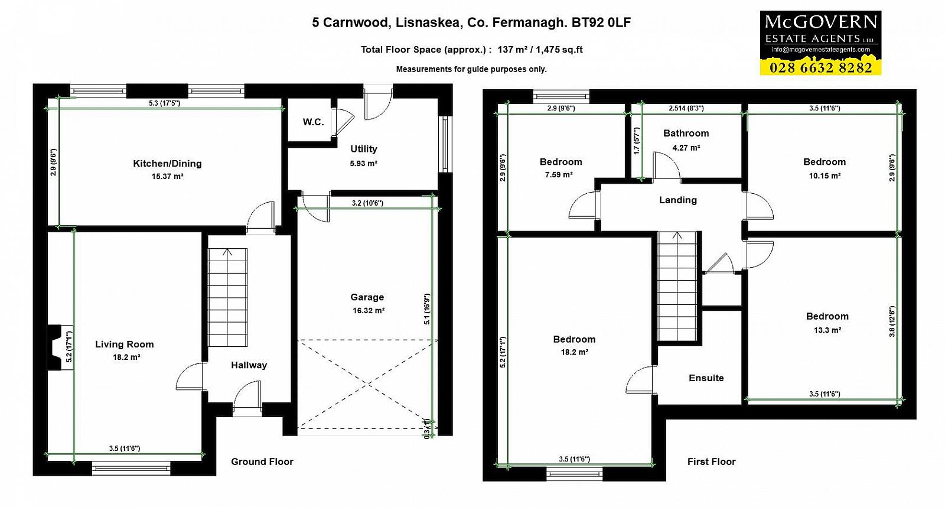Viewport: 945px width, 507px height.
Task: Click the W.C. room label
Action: [313, 122]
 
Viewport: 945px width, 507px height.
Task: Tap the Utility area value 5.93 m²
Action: [363, 163]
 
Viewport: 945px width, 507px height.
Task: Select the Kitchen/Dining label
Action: [168, 163]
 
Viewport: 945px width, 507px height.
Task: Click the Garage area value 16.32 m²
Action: [369, 311]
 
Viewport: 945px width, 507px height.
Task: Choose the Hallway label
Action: [249, 365]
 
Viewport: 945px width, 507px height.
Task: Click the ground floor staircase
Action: [227, 297]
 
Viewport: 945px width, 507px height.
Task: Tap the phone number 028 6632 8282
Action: [820, 67]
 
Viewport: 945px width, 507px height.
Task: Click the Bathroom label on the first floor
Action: [686, 134]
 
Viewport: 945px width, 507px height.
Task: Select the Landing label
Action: [678, 200]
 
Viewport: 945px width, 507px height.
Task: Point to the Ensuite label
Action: [706, 378]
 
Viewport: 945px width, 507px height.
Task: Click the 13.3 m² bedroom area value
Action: [827, 330]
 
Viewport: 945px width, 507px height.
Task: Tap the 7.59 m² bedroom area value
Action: [559, 175]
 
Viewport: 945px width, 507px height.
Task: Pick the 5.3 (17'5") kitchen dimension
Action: [165, 103]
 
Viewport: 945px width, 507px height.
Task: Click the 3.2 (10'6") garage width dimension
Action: [367, 203]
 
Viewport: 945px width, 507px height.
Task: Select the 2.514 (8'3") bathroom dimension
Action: [686, 108]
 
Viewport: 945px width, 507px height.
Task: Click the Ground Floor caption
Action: [262, 462]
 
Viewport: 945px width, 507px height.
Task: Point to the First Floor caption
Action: [711, 462]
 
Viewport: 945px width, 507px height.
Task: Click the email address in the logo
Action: [821, 50]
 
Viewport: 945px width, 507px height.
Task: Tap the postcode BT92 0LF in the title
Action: [601, 22]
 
